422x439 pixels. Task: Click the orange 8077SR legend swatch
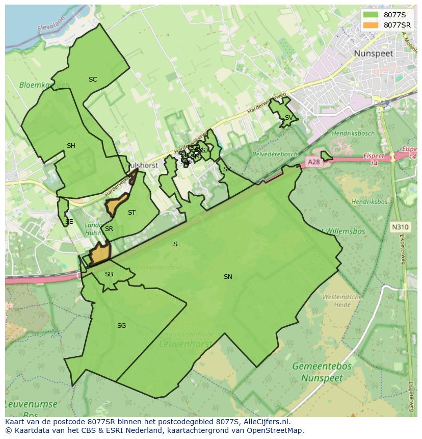point(371,25)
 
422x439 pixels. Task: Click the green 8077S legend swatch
point(371,15)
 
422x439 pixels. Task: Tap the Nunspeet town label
point(374,53)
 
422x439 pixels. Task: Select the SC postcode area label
point(93,80)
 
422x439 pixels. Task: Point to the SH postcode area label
point(71,146)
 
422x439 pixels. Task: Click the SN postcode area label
point(228,277)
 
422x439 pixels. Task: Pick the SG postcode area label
point(121,326)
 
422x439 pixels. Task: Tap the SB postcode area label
point(109,274)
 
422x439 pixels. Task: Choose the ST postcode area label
point(132,213)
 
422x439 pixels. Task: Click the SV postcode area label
point(288,118)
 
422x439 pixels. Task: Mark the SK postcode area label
point(227,169)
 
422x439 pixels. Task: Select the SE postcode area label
point(69,222)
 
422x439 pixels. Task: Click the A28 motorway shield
point(313,162)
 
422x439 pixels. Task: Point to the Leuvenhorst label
point(186,344)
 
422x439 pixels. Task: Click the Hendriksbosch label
point(353,134)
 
